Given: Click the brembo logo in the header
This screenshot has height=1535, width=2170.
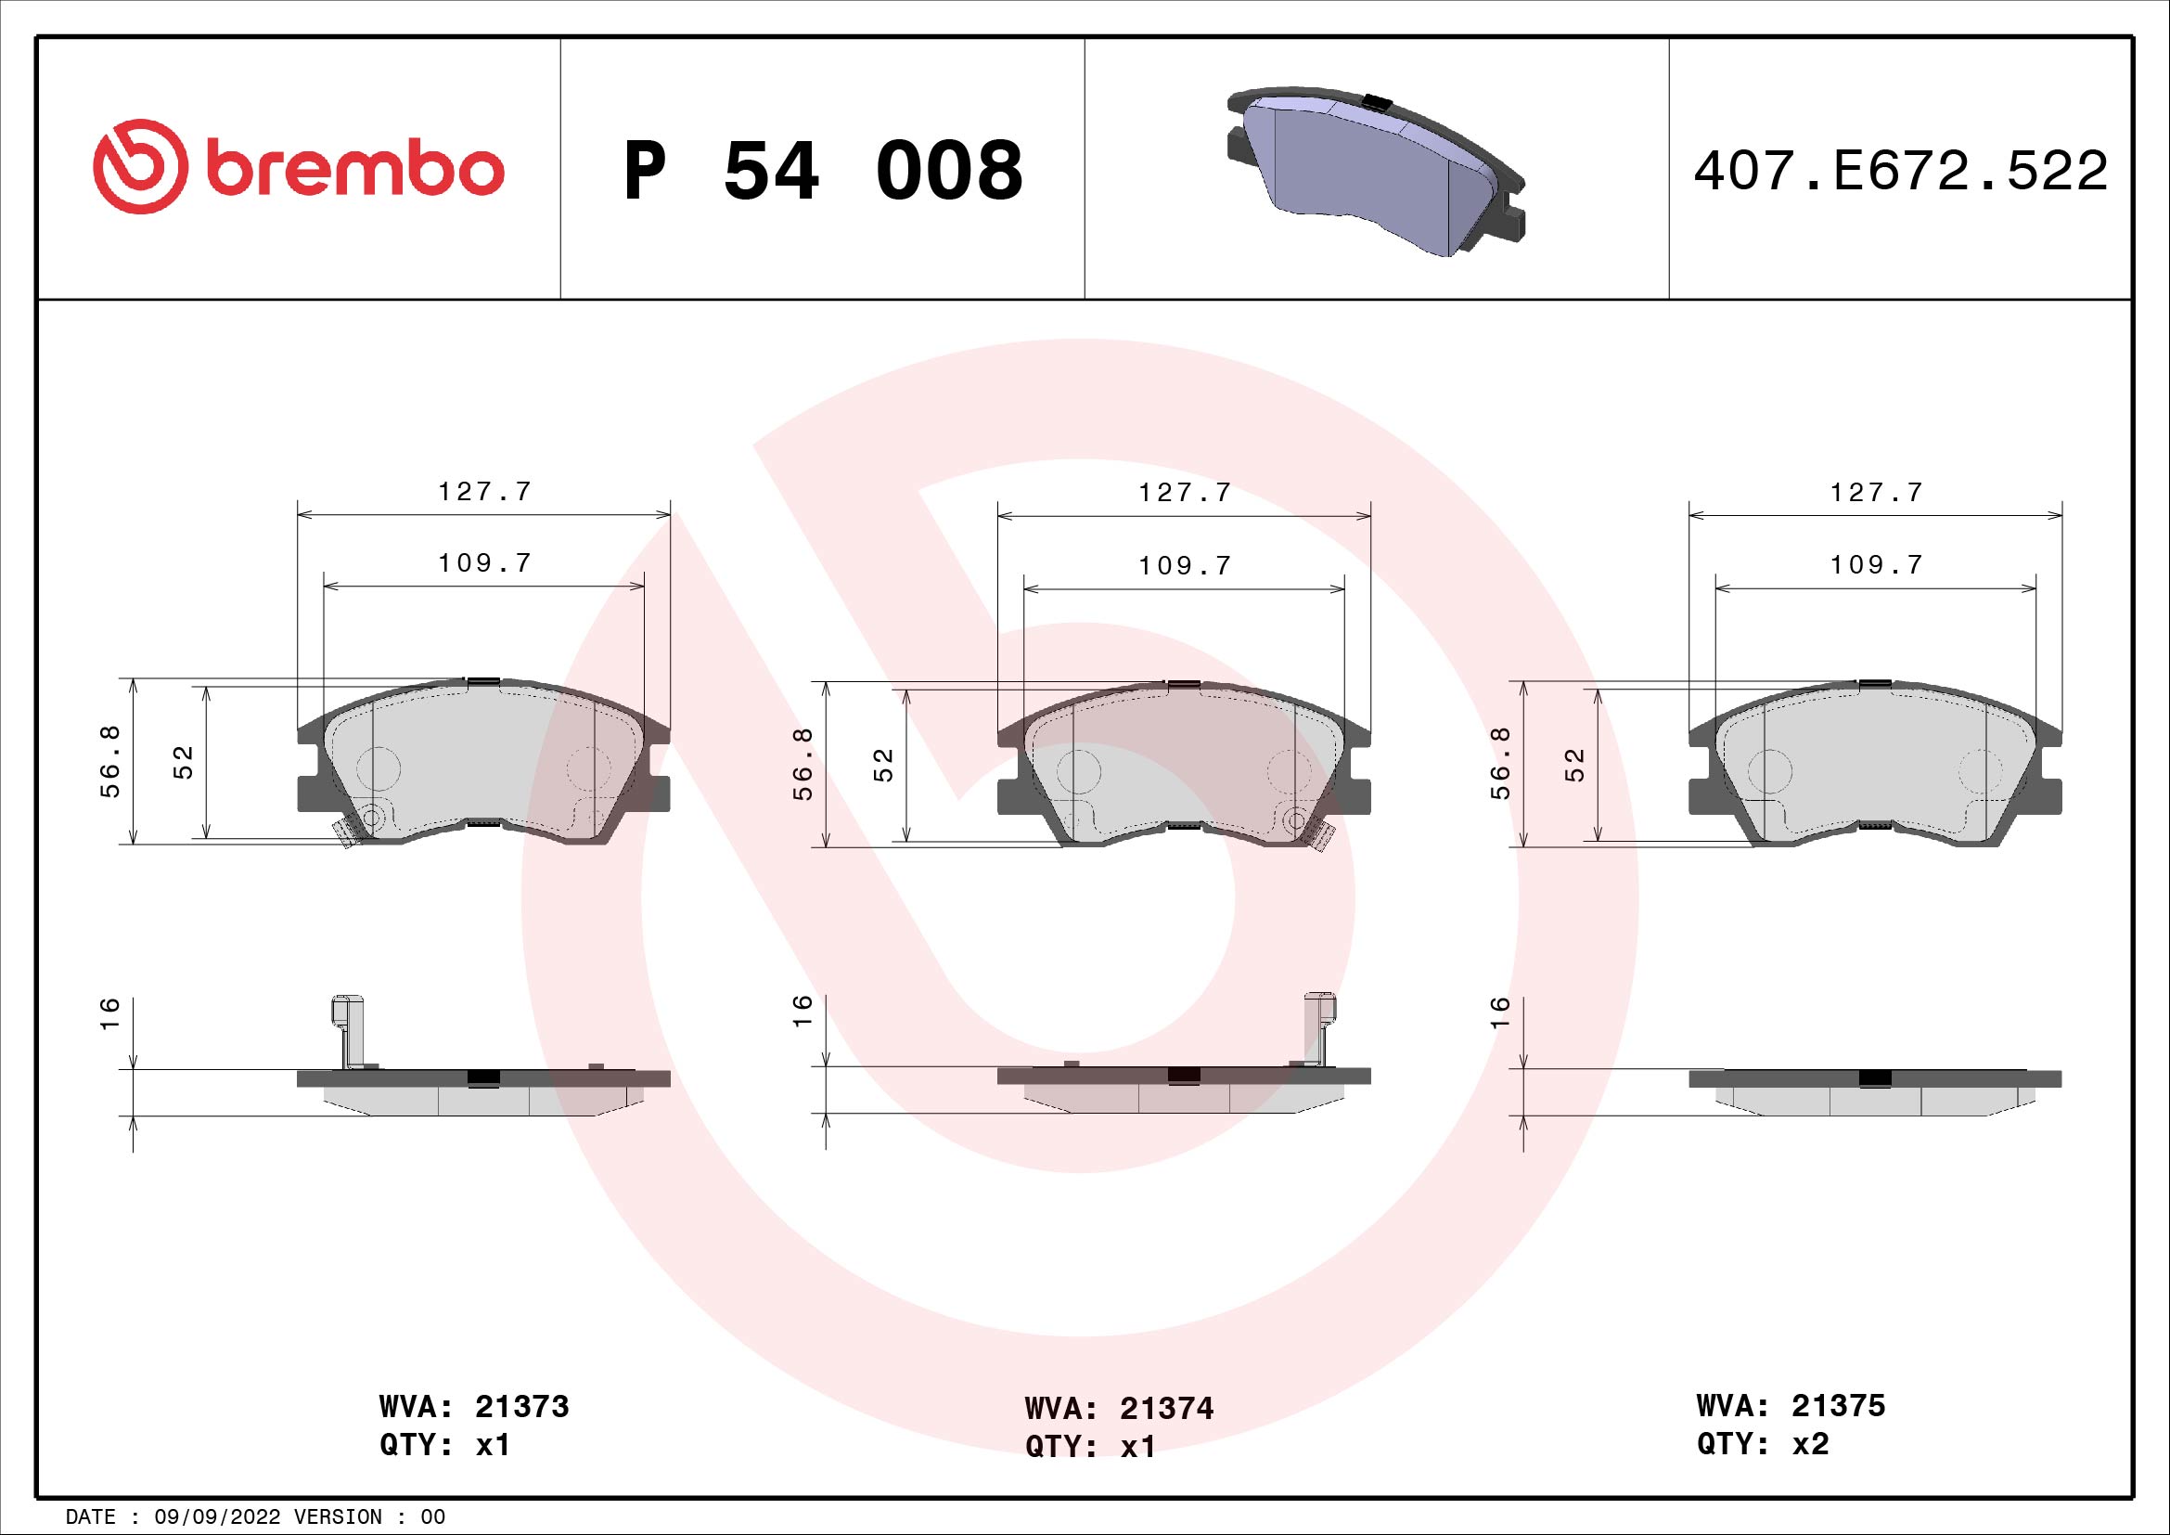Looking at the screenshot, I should click(298, 167).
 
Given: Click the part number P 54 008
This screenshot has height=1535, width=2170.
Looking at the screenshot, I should click(822, 171).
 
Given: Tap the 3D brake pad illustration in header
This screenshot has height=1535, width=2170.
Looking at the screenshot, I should click(1375, 174).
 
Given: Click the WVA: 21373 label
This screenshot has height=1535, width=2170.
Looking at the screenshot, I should click(473, 1406).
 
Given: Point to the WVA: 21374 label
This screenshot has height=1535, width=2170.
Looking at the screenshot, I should click(1119, 1409).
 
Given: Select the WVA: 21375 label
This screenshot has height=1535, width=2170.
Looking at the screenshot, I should click(1790, 1405).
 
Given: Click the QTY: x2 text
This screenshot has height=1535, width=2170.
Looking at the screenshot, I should click(1763, 1443).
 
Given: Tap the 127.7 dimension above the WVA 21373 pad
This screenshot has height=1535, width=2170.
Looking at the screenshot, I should click(485, 492).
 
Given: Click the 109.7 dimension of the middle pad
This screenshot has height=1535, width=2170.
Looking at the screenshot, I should click(1184, 565).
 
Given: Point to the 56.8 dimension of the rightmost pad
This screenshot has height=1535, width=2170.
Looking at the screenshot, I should click(1500, 763).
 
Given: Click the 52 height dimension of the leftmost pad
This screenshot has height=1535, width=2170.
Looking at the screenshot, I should click(184, 762).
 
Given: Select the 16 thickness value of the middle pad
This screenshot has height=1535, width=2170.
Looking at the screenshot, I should click(802, 1011).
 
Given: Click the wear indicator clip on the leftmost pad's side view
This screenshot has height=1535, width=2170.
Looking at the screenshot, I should click(348, 1031).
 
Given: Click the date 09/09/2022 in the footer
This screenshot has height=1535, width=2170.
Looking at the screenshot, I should click(217, 1517).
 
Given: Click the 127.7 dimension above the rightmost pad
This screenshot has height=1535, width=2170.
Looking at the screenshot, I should click(1876, 493).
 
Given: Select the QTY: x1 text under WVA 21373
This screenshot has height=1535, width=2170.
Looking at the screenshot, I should click(445, 1445).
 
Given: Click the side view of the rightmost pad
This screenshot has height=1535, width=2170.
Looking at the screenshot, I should click(1875, 1090).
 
